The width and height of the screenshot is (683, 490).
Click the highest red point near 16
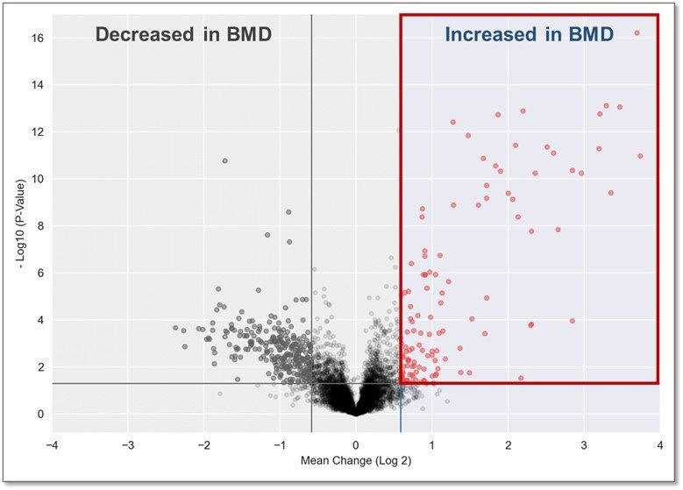[x=637, y=33]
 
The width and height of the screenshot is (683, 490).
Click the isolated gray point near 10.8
[x=225, y=160]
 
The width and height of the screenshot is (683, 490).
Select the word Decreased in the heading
[x=146, y=35]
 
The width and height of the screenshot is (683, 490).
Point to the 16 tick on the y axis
[x=39, y=38]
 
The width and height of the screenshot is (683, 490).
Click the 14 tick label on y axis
[x=39, y=85]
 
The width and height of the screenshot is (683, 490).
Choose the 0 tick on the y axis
[x=42, y=414]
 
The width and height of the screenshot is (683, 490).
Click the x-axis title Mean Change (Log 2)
[x=355, y=458]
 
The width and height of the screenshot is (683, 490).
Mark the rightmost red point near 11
[x=640, y=156]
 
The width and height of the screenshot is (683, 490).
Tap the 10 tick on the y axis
[x=39, y=179]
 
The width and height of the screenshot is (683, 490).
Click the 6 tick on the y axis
[x=42, y=273]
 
